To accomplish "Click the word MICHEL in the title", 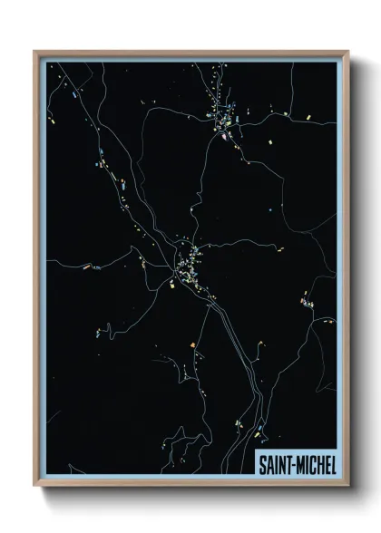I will tap(314, 463).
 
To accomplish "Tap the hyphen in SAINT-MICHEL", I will tap(293, 464).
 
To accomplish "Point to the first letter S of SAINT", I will tap(263, 463).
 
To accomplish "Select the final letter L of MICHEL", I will tap(332, 463).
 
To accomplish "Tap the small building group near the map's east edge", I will tap(308, 304).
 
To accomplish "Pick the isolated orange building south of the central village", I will tap(192, 344).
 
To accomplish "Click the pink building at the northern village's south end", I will tap(221, 138).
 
